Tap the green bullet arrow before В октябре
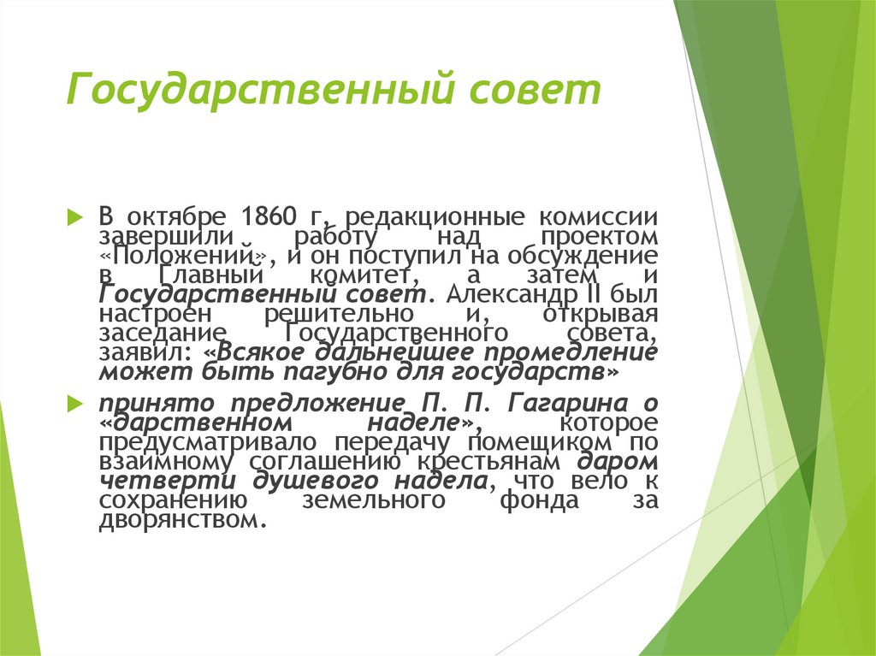[x=75, y=214]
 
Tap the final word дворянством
[x=178, y=521]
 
